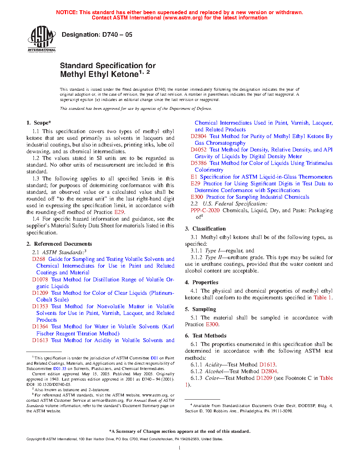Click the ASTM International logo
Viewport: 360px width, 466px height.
42,38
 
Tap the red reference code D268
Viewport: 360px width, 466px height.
39,259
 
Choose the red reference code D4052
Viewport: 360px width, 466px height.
199,150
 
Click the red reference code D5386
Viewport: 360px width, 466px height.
199,163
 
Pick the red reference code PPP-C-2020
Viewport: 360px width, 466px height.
205,210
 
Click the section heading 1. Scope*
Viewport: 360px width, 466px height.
39,123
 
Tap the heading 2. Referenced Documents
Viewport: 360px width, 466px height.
59,244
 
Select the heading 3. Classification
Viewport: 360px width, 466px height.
205,229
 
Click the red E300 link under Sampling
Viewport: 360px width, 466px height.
212,324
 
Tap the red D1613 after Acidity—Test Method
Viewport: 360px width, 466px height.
267,365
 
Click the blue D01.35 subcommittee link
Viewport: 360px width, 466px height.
60,369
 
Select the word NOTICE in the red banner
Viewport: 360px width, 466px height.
67,12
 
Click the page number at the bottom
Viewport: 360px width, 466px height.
180,448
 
